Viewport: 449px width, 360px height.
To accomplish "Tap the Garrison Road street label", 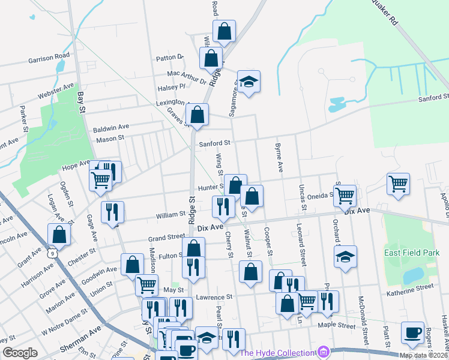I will [x=49, y=61].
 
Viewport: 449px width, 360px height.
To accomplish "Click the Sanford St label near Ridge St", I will [x=215, y=143].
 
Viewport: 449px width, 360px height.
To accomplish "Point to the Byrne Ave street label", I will [x=279, y=158].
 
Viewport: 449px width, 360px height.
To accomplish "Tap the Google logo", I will [x=20, y=353].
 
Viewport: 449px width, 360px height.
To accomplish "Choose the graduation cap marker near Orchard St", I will [x=345, y=257].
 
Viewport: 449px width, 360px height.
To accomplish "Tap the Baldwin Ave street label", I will [x=111, y=127].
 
